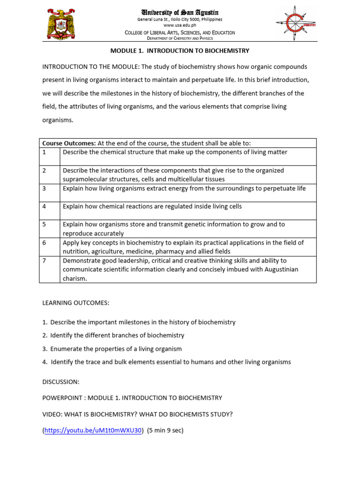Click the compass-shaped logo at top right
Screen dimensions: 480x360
click(x=294, y=23)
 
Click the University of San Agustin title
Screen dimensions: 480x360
click(x=180, y=12)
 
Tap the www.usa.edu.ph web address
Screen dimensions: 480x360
click(x=180, y=26)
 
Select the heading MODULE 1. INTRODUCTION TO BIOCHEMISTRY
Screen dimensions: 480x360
click(x=180, y=51)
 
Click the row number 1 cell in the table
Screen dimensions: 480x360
click(x=45, y=152)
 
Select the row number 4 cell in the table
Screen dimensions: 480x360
click(x=45, y=206)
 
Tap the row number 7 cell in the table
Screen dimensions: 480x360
click(x=45, y=261)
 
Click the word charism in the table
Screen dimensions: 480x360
click(x=75, y=278)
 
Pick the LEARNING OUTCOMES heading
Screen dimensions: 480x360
click(x=75, y=303)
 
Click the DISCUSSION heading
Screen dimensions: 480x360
click(x=61, y=382)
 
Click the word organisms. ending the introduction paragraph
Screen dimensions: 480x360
click(x=58, y=120)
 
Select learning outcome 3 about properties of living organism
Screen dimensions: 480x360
click(x=112, y=349)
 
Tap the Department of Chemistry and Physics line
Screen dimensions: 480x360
click(x=180, y=38)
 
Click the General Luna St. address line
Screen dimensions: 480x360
click(x=180, y=20)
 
